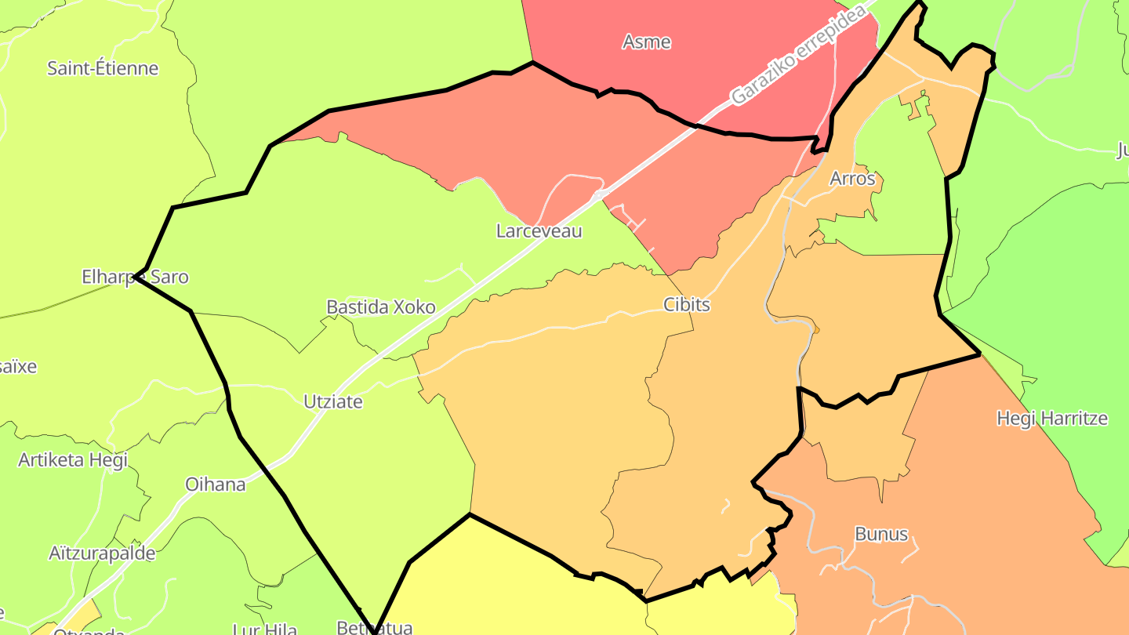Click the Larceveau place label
[539, 231]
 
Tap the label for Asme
[646, 42]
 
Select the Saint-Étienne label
[103, 68]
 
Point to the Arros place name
[852, 179]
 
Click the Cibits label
[686, 304]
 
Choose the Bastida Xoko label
[380, 307]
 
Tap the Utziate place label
[332, 401]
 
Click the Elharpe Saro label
[135, 277]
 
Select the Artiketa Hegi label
[72, 459]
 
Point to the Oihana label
[215, 484]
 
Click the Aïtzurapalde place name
[102, 553]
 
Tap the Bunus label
[880, 535]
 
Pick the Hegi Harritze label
[1051, 419]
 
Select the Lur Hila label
[264, 628]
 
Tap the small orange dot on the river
[816, 330]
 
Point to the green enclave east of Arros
[902, 196]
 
